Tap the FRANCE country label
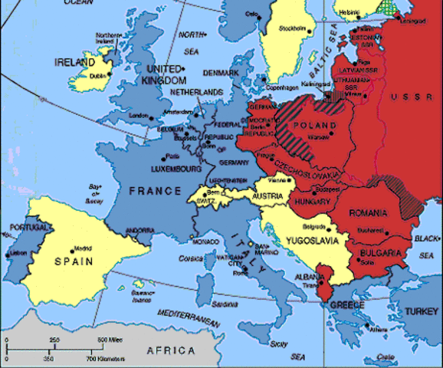(156, 190)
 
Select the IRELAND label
(74, 61)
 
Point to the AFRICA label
(169, 350)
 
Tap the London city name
(139, 116)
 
